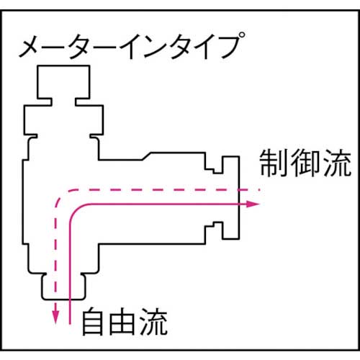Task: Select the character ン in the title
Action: point(141,49)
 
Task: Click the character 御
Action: point(304,166)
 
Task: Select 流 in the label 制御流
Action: point(334,166)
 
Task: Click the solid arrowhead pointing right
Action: point(253,204)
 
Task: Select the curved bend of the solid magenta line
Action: point(74,210)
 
